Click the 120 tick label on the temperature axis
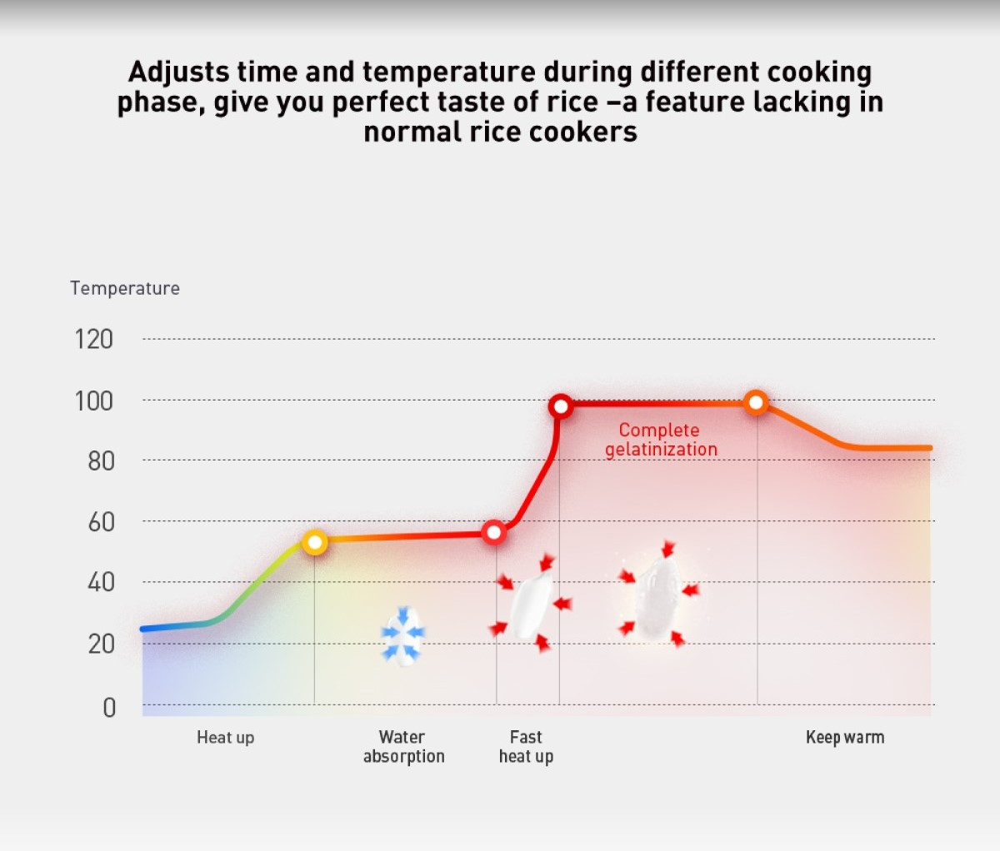(93, 339)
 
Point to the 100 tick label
(93, 401)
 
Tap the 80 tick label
(101, 460)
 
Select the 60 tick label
(101, 522)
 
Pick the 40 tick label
(101, 582)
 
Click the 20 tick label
(101, 644)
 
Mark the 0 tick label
(109, 707)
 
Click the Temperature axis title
(125, 288)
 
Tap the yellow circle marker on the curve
(314, 543)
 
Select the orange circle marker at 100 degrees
(756, 403)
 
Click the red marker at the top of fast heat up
(560, 406)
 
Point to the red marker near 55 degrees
(493, 532)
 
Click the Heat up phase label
(225, 737)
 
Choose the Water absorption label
(403, 746)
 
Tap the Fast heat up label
(526, 746)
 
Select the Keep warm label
(845, 737)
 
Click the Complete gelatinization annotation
(661, 440)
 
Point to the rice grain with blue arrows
(403, 635)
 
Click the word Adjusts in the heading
(178, 72)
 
